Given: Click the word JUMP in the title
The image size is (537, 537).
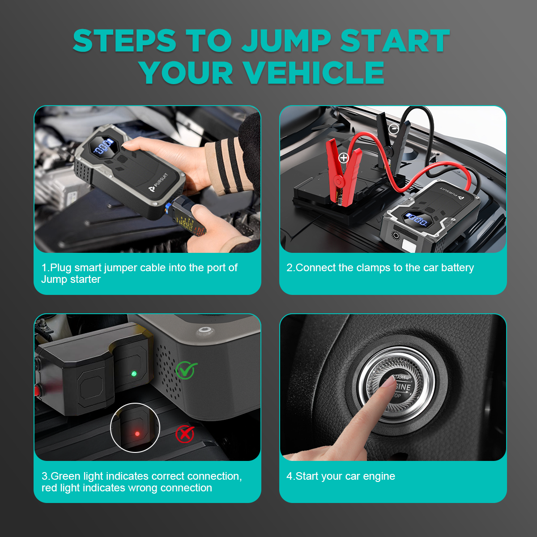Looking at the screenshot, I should coord(286,41).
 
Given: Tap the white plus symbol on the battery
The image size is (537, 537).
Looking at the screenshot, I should coord(344,158).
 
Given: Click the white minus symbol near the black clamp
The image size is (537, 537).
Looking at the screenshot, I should coord(394,129).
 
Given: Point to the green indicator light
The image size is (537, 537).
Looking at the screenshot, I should coord(133,373).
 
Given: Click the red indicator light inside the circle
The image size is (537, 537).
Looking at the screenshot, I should coord(137,434).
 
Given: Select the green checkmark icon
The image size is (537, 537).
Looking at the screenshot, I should coord(186,370).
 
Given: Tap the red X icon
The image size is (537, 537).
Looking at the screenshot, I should coord(184,434).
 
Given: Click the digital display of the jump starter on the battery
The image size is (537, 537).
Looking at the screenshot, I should coord(417,219).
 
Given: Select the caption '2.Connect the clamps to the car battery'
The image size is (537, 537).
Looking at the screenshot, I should coord(380,268).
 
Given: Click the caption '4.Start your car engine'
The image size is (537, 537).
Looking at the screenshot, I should coord(341,476).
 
